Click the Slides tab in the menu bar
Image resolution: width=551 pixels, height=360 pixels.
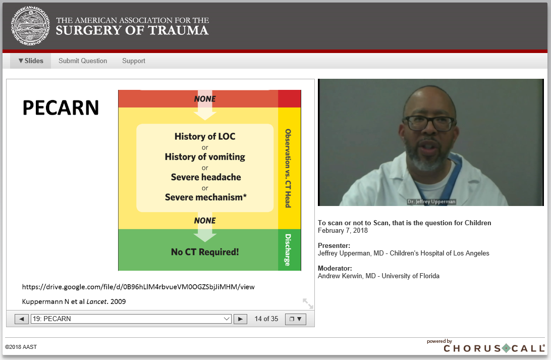[x=31, y=61]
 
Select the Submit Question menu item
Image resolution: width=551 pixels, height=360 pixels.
[x=83, y=61]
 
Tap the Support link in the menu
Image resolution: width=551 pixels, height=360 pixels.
[x=134, y=61]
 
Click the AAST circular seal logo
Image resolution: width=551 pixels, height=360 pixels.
[x=30, y=26]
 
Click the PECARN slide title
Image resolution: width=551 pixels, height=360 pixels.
[x=61, y=108]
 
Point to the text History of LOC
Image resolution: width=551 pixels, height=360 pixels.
[x=205, y=136]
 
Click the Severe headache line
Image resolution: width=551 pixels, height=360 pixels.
[x=206, y=177]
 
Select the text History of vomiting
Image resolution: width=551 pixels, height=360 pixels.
[x=205, y=157]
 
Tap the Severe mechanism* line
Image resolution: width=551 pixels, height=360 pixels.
[x=205, y=197]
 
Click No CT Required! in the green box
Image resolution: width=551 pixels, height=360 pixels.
[x=205, y=252]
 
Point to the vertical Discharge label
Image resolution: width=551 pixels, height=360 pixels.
[x=288, y=250]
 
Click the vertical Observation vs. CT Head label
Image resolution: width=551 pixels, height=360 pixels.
[x=288, y=168]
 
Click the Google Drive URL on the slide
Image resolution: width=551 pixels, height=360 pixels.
[x=138, y=287]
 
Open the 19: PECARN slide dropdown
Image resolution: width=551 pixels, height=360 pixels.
[x=131, y=319]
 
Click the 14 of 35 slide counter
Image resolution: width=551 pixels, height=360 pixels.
[x=266, y=319]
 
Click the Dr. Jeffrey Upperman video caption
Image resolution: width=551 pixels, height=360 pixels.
[x=431, y=202]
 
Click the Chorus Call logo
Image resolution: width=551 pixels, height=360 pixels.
[x=493, y=347]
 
